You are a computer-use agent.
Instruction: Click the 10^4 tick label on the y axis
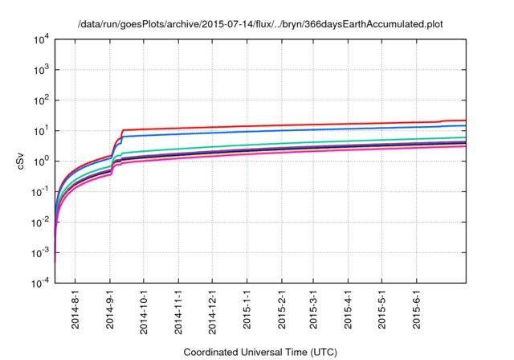point(41,39)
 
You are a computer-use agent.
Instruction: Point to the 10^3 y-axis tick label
point(41,70)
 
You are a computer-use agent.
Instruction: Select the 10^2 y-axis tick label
point(41,100)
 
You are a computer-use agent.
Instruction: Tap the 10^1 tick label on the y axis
point(41,131)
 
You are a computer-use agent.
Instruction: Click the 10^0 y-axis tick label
point(41,162)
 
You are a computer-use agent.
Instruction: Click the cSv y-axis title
point(22,162)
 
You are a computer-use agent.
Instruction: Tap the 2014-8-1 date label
point(76,313)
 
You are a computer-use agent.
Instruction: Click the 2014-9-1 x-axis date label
point(110,313)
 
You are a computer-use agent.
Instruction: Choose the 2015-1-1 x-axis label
point(247,313)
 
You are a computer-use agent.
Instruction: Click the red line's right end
point(466,121)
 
